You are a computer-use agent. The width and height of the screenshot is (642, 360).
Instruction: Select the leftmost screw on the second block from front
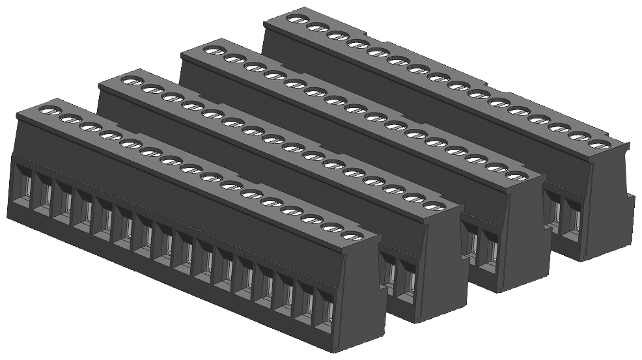130,81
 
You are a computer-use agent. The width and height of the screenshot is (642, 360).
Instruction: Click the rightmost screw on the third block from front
515,175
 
